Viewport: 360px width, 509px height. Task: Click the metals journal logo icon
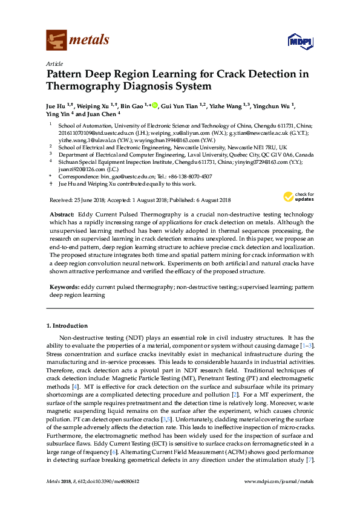pos(56,41)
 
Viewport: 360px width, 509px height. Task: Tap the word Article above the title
pos(54,63)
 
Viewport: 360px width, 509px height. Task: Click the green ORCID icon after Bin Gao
pos(154,105)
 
